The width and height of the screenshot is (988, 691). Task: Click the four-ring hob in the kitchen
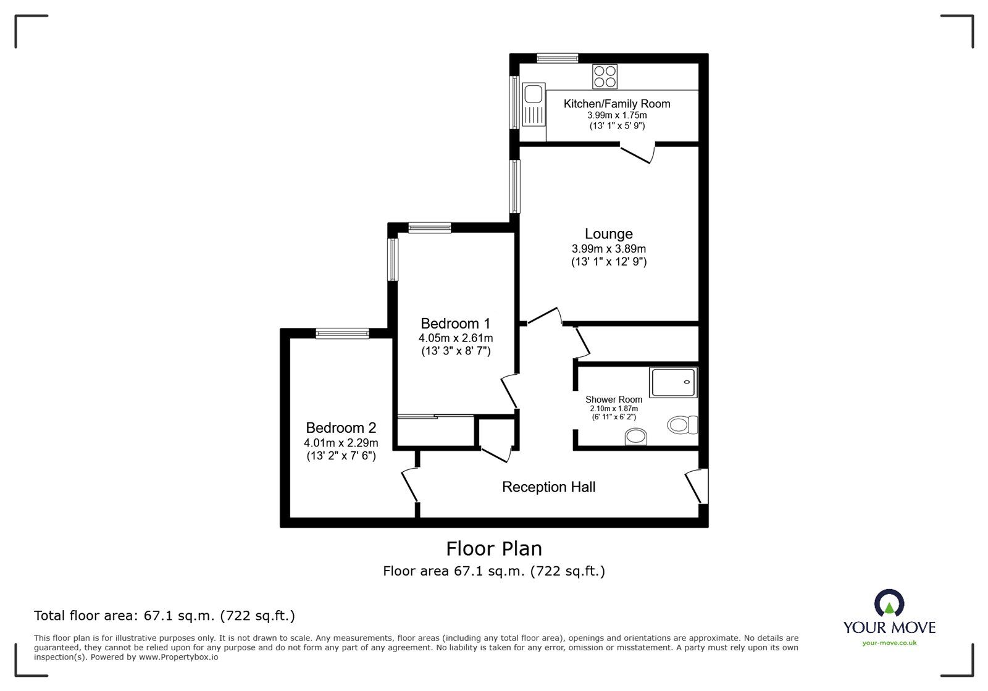pos(605,77)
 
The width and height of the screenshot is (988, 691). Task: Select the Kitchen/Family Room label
pos(616,104)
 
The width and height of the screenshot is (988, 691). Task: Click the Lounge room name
pos(609,234)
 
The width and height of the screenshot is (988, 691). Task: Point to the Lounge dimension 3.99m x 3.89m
pos(609,249)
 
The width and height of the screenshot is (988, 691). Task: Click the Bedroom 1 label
pos(455,324)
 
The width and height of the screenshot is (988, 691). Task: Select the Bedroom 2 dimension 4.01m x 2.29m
pos(341,443)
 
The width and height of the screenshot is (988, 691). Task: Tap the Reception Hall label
pos(548,487)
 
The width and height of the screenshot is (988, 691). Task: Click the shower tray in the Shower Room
pos(673,382)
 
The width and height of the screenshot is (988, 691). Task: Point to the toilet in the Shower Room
pos(682,425)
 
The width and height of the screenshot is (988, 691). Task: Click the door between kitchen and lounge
pos(637,153)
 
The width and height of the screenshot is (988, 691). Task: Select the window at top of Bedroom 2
pos(342,333)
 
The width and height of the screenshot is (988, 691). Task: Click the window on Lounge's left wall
pos(514,186)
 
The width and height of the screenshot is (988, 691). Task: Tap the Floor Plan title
pos(494,548)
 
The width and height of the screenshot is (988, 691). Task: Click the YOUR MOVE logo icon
pos(889,603)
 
